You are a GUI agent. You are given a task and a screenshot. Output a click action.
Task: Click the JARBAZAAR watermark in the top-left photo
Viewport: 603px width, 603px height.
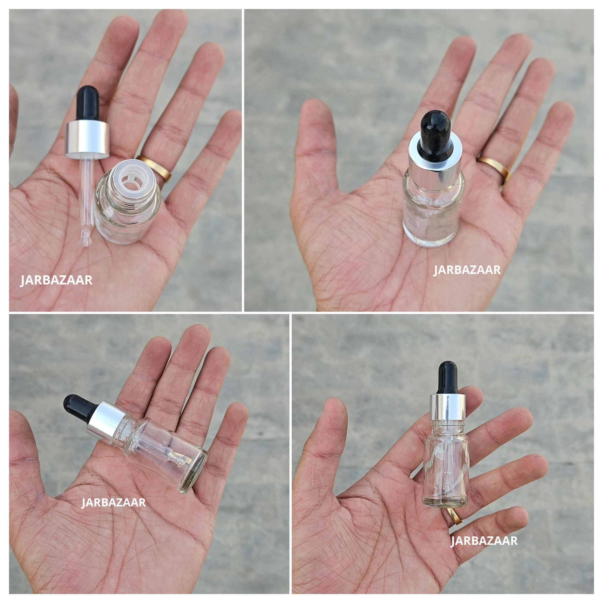click(x=56, y=280)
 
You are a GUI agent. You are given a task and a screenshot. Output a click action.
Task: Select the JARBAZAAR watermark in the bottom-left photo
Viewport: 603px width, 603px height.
click(x=113, y=502)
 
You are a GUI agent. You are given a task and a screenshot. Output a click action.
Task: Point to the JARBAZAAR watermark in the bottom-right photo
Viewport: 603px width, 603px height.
click(x=484, y=541)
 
